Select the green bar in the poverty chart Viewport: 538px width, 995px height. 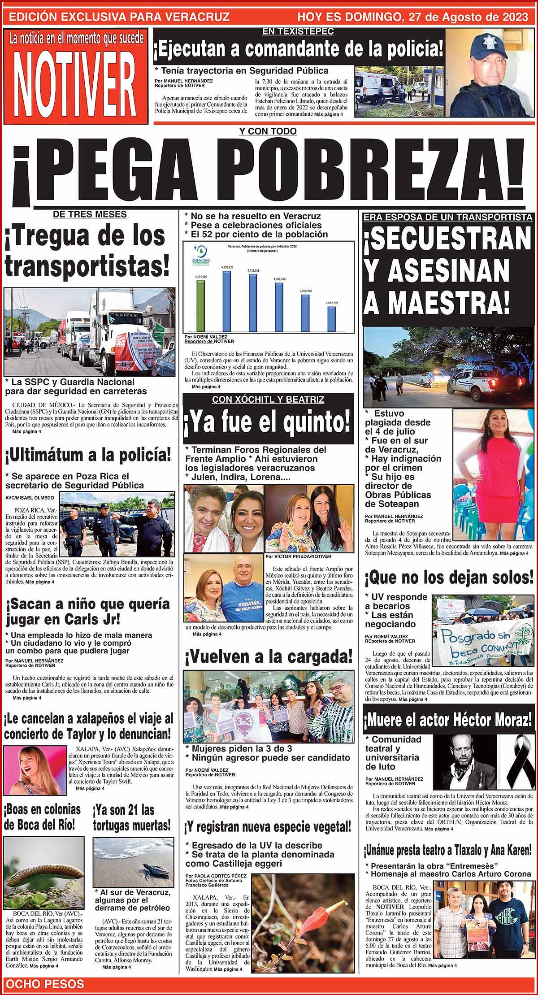coord(200,305)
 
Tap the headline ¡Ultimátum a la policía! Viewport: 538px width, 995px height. coord(88,456)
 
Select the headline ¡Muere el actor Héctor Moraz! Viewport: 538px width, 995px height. coord(448,721)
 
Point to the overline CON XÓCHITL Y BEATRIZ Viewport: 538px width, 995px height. coord(268,400)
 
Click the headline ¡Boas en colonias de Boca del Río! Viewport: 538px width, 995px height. coord(43,817)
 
